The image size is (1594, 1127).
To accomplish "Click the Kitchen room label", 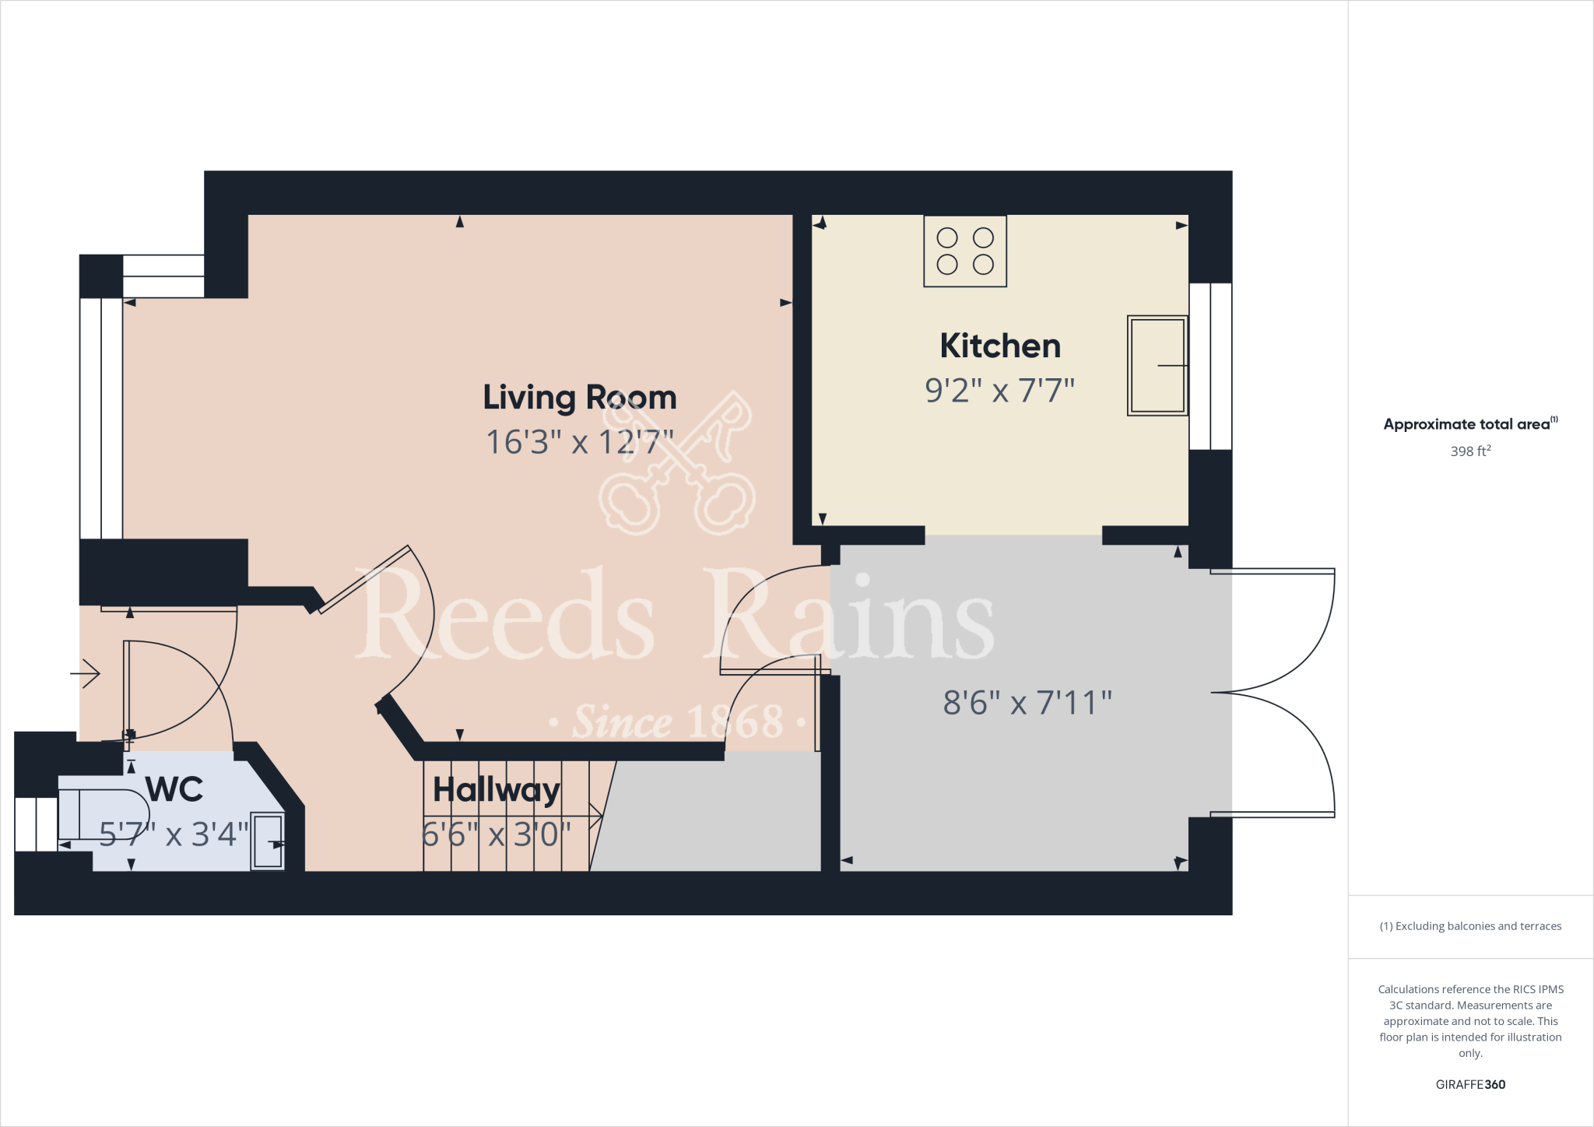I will click(x=1000, y=346).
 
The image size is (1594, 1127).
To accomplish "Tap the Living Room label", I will click(x=580, y=398).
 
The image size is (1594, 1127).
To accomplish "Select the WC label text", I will click(x=174, y=790).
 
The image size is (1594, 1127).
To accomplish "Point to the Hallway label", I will click(x=497, y=791).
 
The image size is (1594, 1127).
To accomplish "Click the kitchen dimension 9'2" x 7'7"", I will click(x=999, y=391).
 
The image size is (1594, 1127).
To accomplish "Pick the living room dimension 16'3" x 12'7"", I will click(x=580, y=443).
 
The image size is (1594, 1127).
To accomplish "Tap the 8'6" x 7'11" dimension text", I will click(x=1027, y=704).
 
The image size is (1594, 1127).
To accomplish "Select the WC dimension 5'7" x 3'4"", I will click(x=174, y=835).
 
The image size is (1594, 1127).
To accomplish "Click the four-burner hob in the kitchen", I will click(x=965, y=251).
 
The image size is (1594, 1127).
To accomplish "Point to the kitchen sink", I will click(x=1157, y=366).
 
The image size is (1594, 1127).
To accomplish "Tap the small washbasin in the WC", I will click(x=268, y=841).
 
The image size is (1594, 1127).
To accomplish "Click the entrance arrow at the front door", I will click(x=86, y=673).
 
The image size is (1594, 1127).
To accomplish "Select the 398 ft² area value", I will click(x=1470, y=451).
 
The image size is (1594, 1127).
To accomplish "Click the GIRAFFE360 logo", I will click(x=1470, y=1085).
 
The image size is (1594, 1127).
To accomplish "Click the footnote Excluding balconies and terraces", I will click(x=1470, y=926).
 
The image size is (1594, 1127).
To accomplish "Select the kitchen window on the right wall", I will click(x=1210, y=367).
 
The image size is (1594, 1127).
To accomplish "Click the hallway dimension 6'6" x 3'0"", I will click(x=497, y=835).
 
